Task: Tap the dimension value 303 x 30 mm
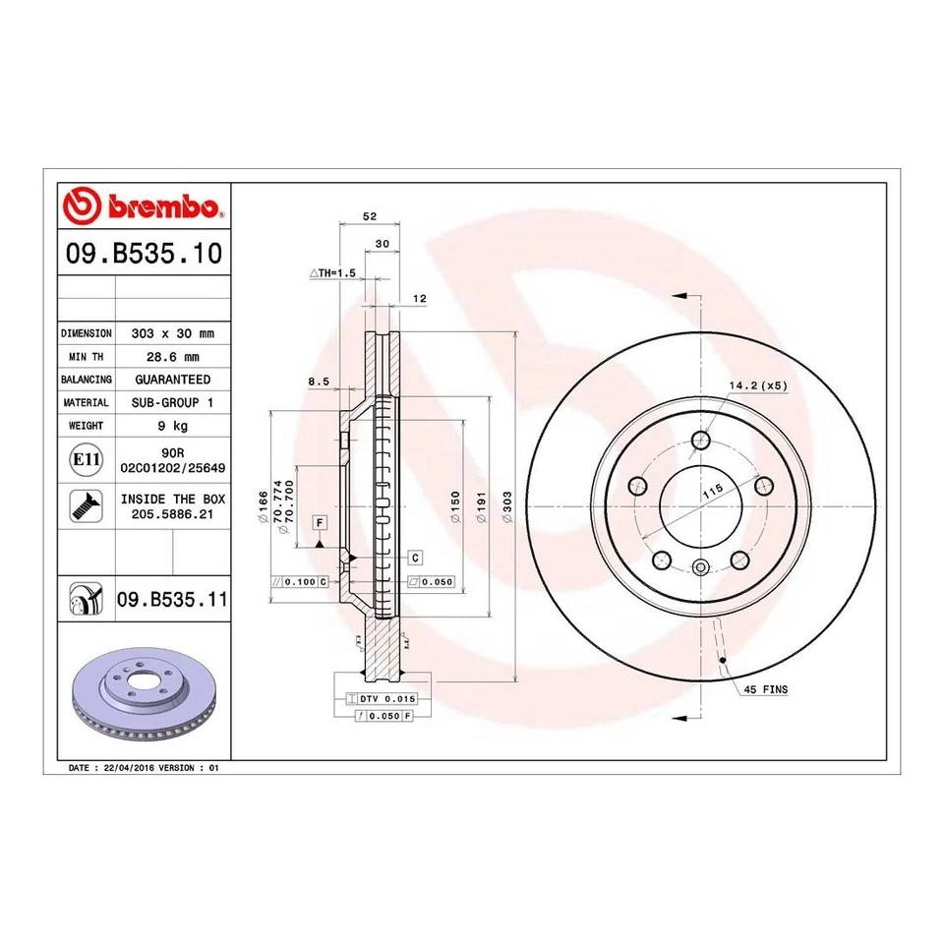tap(172, 333)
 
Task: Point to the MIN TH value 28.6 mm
tap(172, 356)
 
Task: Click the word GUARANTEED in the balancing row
tap(172, 379)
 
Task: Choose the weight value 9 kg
tap(172, 426)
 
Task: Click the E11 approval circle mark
tap(87, 459)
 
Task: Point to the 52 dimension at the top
tap(370, 216)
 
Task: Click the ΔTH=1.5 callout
tap(331, 272)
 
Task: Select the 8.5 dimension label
tap(318, 381)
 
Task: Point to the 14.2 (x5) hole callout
tap(758, 385)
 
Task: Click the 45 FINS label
tap(767, 690)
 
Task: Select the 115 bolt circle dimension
tap(713, 489)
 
